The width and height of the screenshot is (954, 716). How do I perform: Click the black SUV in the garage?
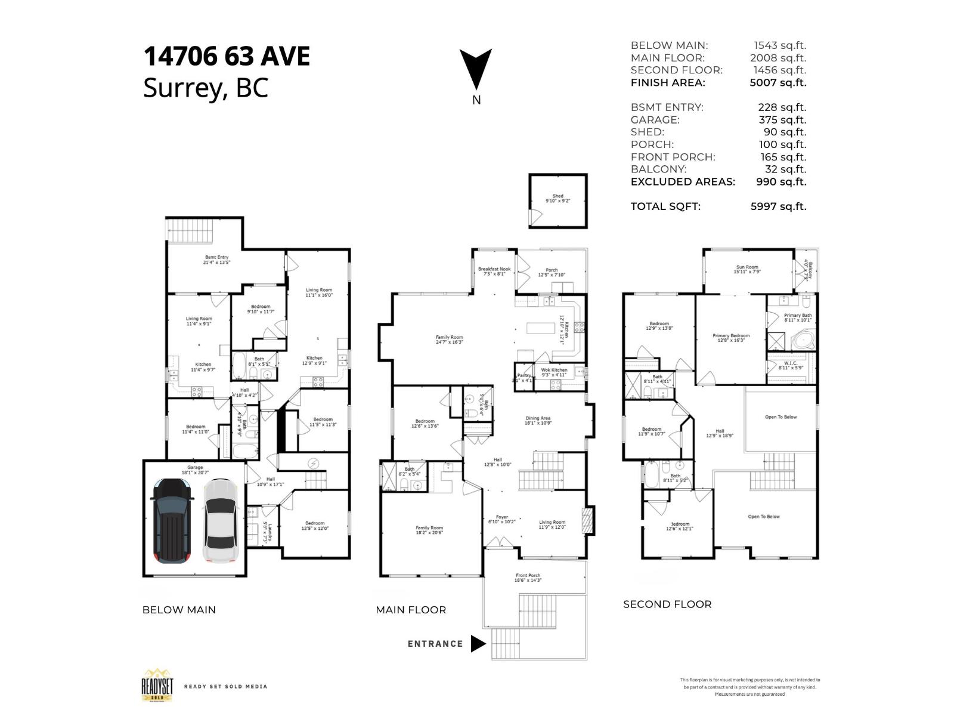173,521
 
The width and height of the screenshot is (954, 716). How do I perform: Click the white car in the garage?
221,521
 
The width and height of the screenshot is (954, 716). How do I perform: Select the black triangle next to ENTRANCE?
478,644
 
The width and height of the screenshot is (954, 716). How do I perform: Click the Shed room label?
557,198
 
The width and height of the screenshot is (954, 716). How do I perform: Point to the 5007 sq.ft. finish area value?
778,83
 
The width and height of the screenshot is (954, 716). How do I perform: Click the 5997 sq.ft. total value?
778,206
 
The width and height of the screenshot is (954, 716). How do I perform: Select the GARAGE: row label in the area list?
655,120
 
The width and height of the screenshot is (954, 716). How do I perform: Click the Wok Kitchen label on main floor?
554,372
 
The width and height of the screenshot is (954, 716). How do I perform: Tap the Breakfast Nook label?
494,271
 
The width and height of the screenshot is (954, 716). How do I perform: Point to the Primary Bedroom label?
731,338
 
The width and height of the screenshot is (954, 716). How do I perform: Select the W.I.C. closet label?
791,365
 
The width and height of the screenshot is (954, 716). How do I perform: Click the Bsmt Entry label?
217,260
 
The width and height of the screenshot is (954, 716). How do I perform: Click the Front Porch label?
528,578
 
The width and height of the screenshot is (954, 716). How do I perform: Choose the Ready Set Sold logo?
157,686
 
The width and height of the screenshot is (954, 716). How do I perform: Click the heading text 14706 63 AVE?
227,57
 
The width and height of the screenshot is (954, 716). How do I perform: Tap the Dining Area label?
537,420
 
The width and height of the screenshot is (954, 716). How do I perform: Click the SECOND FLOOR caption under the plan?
667,604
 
